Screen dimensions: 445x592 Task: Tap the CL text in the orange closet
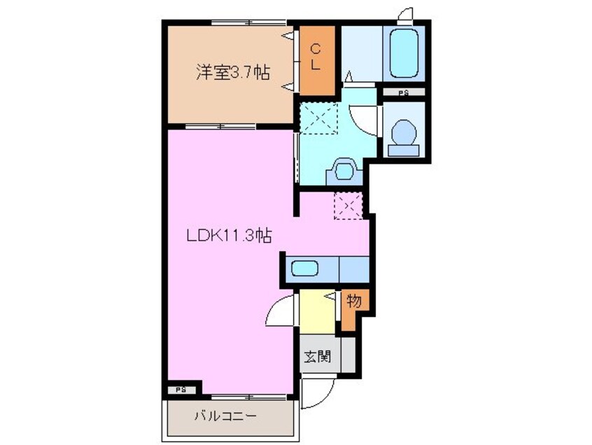click(316, 57)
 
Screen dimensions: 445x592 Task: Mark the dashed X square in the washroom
click(319, 117)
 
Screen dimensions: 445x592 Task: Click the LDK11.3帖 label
click(228, 236)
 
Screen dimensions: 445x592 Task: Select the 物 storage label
click(354, 302)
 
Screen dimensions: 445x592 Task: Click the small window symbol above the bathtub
click(404, 14)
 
